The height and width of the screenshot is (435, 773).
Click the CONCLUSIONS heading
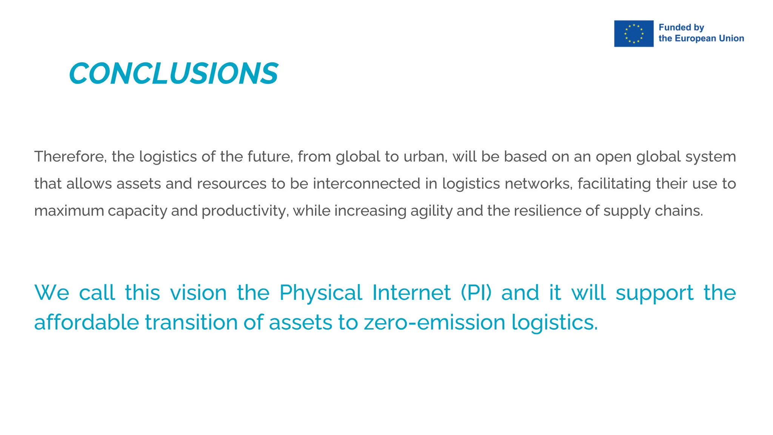coord(174,73)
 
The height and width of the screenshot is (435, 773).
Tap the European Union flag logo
coord(633,34)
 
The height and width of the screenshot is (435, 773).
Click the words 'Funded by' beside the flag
coord(681,28)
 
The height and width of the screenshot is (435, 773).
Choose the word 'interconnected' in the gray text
coord(366,184)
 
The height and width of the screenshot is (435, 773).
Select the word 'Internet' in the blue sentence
coord(411,293)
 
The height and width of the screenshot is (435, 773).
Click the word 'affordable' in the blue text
coord(86,322)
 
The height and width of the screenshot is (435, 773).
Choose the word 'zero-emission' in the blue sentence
coord(434,322)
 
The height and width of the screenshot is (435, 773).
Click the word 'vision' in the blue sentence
coord(198,293)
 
